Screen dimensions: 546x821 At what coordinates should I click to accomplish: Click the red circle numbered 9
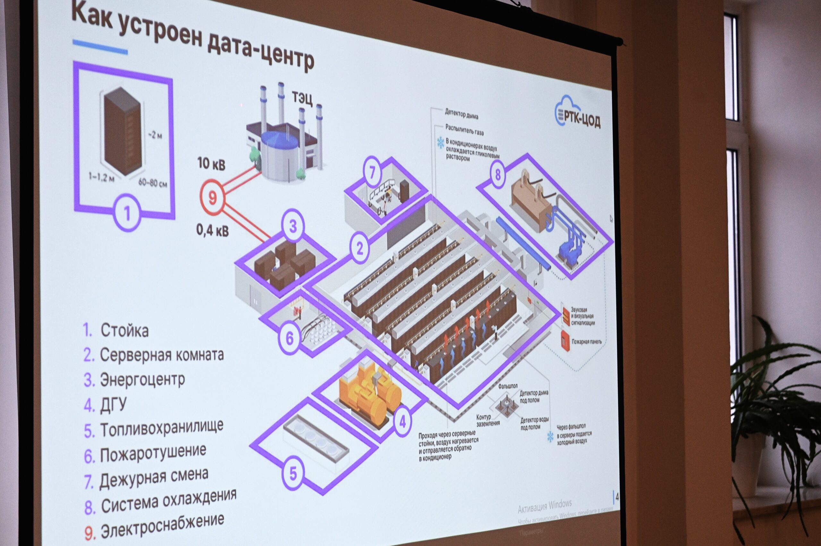click(x=212, y=197)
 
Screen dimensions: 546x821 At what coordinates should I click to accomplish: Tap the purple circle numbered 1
click(x=127, y=213)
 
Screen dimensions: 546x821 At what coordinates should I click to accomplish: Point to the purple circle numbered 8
click(x=498, y=174)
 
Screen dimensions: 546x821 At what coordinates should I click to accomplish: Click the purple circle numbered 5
click(x=293, y=473)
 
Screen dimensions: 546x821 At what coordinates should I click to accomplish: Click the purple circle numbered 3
click(x=293, y=226)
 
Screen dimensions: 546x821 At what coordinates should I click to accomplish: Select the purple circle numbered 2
click(x=360, y=248)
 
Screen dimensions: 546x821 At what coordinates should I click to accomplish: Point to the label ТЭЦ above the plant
click(x=302, y=98)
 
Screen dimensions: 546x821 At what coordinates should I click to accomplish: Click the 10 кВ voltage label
click(x=211, y=164)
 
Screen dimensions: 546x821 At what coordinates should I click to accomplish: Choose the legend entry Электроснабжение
click(x=162, y=527)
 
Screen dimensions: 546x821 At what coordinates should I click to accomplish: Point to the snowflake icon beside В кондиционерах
click(x=441, y=143)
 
